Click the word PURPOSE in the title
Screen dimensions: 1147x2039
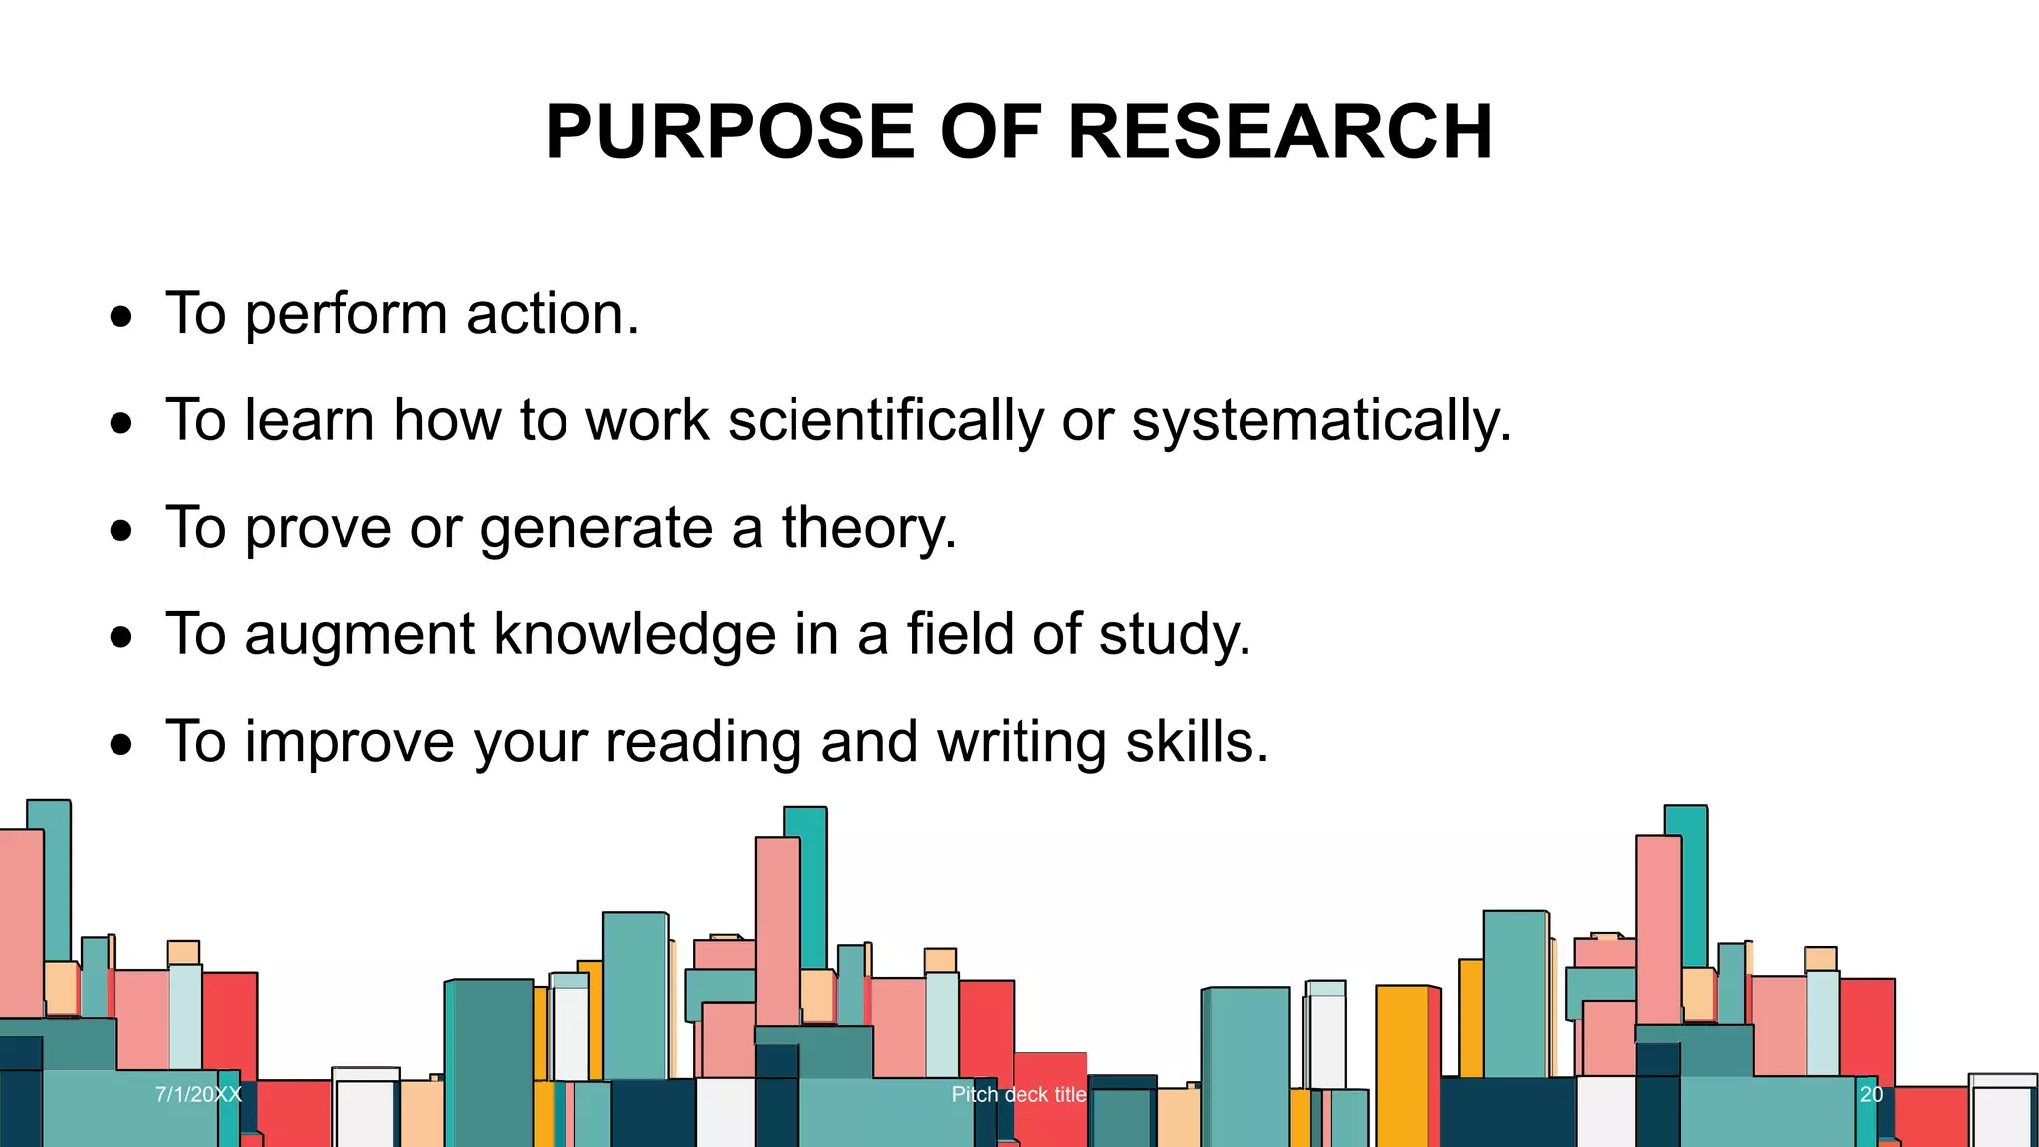(x=729, y=131)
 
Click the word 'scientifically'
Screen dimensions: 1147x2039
(x=886, y=420)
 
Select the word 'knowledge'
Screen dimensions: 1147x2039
(x=634, y=634)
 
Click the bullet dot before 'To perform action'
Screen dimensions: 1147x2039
(x=121, y=318)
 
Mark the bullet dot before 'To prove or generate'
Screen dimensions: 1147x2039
(x=121, y=532)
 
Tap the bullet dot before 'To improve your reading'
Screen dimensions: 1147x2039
(x=121, y=745)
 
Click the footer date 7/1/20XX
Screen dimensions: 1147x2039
(x=198, y=1094)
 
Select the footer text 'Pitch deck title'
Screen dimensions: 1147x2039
(x=1019, y=1094)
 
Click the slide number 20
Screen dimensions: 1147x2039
(x=1871, y=1094)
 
